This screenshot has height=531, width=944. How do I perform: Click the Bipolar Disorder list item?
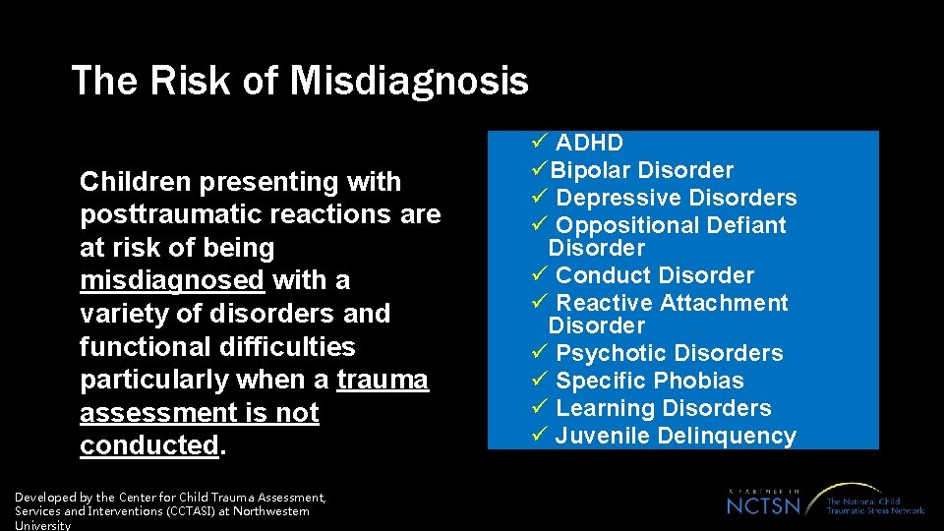[x=642, y=170]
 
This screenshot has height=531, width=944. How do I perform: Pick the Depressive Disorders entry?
[x=676, y=198]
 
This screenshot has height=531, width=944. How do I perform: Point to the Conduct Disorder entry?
[x=655, y=275]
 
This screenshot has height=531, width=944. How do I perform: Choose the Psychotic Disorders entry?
[x=669, y=353]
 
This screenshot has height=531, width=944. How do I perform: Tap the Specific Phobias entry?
[x=649, y=381]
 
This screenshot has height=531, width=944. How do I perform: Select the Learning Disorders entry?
[x=663, y=408]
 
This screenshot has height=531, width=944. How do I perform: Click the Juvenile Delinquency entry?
[x=675, y=436]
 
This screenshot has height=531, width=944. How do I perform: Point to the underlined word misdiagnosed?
[x=172, y=280]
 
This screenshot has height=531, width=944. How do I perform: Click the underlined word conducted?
[x=148, y=445]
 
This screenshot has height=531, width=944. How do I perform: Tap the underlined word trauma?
[x=383, y=380]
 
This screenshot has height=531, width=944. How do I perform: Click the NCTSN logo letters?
[x=764, y=504]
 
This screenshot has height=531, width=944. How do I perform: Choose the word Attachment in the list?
[x=727, y=303]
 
